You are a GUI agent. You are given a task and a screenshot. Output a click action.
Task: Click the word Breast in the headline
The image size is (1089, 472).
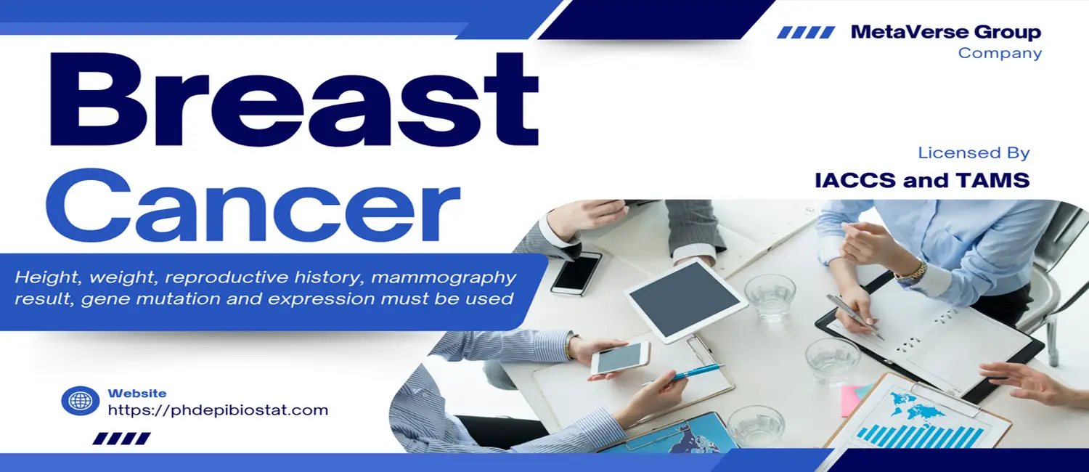pos(295,99)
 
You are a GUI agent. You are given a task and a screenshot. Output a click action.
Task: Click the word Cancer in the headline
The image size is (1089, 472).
pos(253,205)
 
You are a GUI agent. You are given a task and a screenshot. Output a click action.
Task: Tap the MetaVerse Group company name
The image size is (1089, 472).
pos(945,32)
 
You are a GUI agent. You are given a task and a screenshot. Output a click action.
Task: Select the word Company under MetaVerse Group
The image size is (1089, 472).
pos(1000,53)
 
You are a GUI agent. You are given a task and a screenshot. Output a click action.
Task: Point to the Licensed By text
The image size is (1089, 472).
pos(974,152)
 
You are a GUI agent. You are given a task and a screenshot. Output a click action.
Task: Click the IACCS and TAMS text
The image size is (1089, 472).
pos(922,180)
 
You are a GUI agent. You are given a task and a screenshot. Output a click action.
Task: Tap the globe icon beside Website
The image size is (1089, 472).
pos(80,401)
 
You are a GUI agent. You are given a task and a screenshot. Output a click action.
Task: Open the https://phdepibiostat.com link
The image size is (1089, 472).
pos(218,410)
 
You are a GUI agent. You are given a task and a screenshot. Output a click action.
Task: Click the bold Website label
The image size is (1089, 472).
pos(137,394)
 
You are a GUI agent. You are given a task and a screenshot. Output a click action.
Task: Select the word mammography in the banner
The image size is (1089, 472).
pos(443,277)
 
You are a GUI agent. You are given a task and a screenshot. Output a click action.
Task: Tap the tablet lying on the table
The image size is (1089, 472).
pos(685,299)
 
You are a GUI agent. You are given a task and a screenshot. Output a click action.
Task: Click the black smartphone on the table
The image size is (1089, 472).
pos(576,273)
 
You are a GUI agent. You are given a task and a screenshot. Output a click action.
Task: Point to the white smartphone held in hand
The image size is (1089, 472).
pos(620,358)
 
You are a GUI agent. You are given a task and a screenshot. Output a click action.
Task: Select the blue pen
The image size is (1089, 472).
pos(683,375)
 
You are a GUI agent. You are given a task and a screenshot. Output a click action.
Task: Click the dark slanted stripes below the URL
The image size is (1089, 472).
pos(121,439)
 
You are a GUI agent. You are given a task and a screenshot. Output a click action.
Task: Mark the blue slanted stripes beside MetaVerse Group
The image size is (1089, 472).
pos(806,33)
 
